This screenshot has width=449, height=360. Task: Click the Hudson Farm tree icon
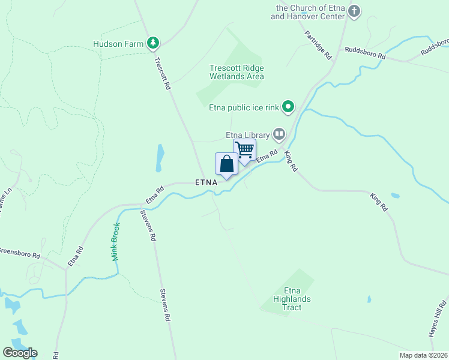(154, 43)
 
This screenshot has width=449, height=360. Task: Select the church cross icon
(354, 11)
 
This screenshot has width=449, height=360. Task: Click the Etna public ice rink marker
(289, 107)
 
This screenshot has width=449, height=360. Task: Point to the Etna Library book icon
(279, 133)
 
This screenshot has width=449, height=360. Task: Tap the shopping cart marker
(244, 150)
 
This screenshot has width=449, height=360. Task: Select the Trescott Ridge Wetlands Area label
(237, 72)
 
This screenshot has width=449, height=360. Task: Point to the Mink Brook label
(115, 242)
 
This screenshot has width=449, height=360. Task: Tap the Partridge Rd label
(318, 44)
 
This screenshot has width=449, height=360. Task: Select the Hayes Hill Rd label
(437, 317)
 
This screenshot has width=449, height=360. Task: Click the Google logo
(20, 353)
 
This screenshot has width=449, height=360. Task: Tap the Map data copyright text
(423, 355)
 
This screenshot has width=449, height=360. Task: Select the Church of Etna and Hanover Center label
(308, 12)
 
